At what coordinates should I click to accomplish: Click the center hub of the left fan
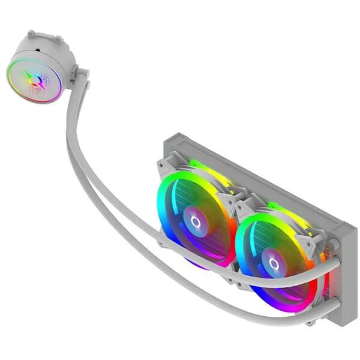[x=195, y=221]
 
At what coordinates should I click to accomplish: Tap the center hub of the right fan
[x=274, y=263]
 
